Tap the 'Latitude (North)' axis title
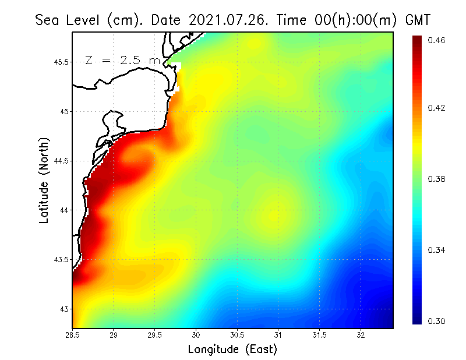44,180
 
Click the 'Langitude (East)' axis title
232,349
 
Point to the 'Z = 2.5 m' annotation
122,60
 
